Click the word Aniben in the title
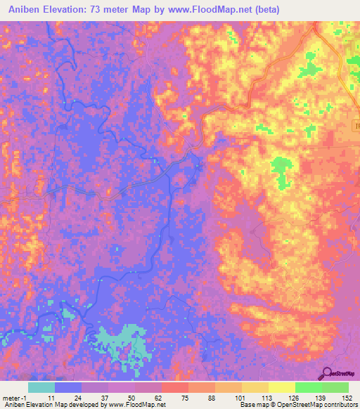[22, 10]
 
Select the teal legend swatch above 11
[41, 387]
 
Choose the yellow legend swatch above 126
[281, 387]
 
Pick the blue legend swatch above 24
[68, 387]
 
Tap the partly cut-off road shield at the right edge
[356, 125]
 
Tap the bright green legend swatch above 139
[308, 387]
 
